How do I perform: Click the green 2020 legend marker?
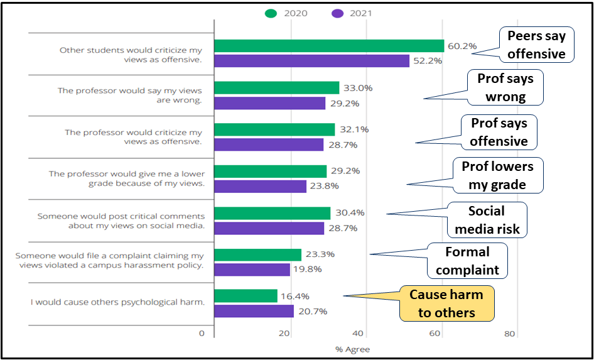[x=271, y=13]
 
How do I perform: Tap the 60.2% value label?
[x=462, y=46]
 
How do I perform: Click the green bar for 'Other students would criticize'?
[x=329, y=46]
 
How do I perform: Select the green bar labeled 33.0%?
[x=276, y=88]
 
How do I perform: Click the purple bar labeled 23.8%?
[x=260, y=186]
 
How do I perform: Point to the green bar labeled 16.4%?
[x=246, y=296]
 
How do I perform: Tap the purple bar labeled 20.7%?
[x=254, y=311]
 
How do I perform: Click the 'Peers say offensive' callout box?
[x=536, y=45]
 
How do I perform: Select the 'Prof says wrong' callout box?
[x=505, y=87]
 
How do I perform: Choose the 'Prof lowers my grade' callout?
[x=497, y=175]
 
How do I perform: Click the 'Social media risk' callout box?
[x=487, y=220]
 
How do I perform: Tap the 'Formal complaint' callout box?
[x=467, y=261]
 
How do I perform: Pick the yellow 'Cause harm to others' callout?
[x=446, y=303]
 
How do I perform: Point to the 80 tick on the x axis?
[x=510, y=334]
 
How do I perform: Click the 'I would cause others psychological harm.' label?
[x=118, y=302]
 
